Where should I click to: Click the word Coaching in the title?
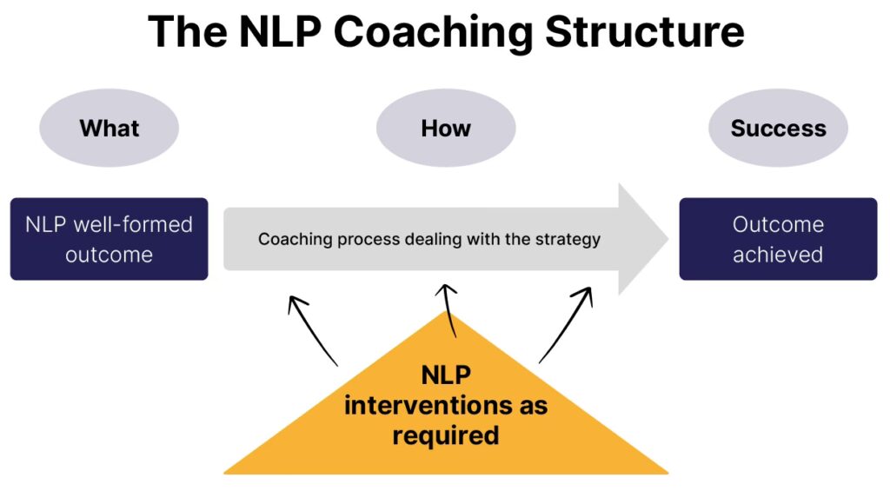point(432,33)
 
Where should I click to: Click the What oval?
point(109,129)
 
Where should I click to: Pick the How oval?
point(445,129)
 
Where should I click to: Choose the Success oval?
point(778,129)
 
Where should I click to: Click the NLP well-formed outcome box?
point(109,239)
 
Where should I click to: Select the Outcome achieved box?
point(778,239)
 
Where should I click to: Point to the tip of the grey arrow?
point(665,239)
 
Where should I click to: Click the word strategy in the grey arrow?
point(567,239)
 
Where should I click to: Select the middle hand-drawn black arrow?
point(448,309)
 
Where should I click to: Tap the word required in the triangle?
point(445,434)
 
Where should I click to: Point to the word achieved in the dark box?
point(778,255)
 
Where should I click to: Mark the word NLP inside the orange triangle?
point(446,376)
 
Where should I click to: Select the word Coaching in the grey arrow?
point(289,239)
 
